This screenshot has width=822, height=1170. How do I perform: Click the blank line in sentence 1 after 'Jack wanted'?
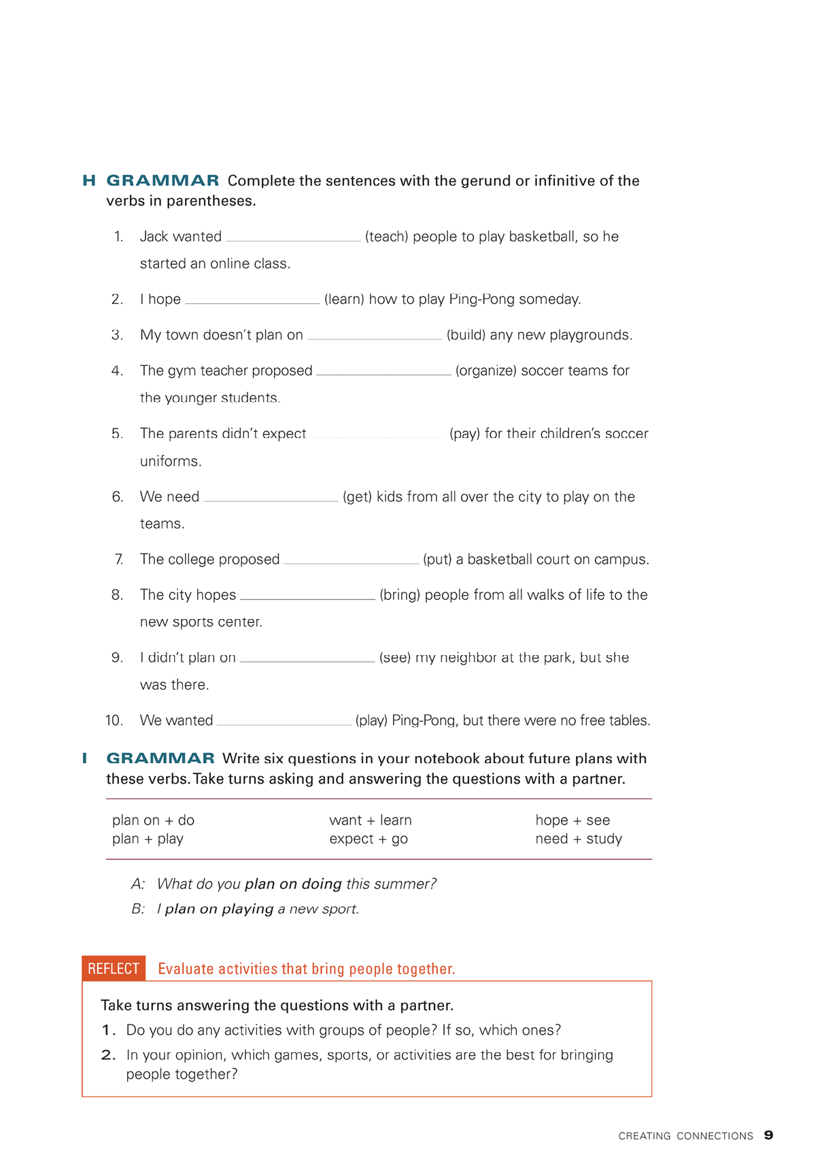pyautogui.click(x=293, y=238)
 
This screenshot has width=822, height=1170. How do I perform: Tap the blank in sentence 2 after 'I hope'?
pyautogui.click(x=252, y=301)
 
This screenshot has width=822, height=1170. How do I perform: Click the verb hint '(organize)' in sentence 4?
pyautogui.click(x=486, y=371)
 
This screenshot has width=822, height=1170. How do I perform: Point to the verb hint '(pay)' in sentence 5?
pyautogui.click(x=465, y=434)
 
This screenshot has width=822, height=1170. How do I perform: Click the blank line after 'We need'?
pyautogui.click(x=271, y=499)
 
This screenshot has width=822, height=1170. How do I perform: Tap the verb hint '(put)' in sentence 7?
pyautogui.click(x=437, y=560)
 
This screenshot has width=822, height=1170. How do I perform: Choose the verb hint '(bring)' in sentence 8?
pyautogui.click(x=400, y=595)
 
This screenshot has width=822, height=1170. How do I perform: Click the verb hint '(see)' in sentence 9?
pyautogui.click(x=395, y=658)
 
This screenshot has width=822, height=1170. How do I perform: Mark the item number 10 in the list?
pyautogui.click(x=114, y=720)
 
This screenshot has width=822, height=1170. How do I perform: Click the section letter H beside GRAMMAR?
pyautogui.click(x=89, y=180)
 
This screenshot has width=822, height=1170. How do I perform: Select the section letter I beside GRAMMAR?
pyautogui.click(x=85, y=758)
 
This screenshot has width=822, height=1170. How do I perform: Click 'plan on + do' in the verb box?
pyautogui.click(x=153, y=820)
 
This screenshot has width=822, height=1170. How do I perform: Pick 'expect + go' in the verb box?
pyautogui.click(x=369, y=839)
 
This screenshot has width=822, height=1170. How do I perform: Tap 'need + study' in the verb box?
pyautogui.click(x=579, y=839)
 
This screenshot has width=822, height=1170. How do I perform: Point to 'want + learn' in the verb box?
pyautogui.click(x=371, y=820)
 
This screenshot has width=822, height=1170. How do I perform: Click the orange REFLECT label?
pyautogui.click(x=114, y=969)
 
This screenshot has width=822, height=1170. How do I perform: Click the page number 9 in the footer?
pyautogui.click(x=768, y=1135)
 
